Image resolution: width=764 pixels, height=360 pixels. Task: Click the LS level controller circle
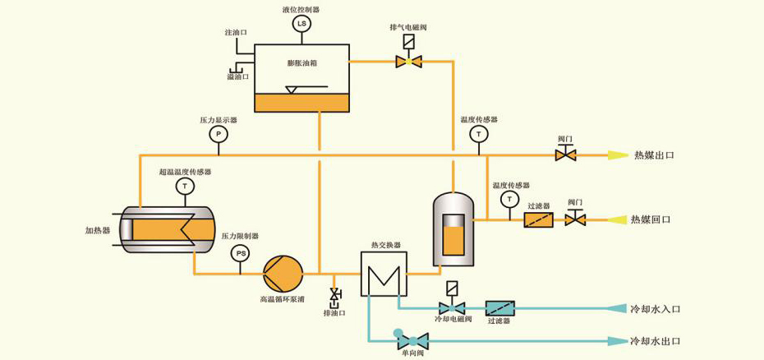pyautogui.click(x=301, y=25)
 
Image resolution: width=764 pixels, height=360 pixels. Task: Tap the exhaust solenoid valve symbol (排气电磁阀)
pyautogui.click(x=408, y=60)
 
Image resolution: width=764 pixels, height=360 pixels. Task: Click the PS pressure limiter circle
pyautogui.click(x=241, y=253)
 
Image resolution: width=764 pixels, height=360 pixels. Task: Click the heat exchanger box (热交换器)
pyautogui.click(x=382, y=272)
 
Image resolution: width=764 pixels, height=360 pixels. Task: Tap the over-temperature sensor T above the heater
pyautogui.click(x=185, y=187)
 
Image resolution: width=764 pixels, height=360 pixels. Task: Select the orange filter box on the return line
pyautogui.click(x=538, y=220)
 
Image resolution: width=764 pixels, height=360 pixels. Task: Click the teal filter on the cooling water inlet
pyautogui.click(x=499, y=308)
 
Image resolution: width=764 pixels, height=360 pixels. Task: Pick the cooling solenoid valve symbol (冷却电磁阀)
pyautogui.click(x=450, y=308)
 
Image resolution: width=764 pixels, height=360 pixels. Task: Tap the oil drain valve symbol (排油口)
pyautogui.click(x=335, y=295)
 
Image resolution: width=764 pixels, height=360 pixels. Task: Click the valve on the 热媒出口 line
pyautogui.click(x=566, y=154)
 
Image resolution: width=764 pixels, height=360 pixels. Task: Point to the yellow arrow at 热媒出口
pyautogui.click(x=615, y=154)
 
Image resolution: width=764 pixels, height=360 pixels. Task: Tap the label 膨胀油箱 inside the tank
pyautogui.click(x=301, y=63)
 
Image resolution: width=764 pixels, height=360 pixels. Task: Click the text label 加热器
pyautogui.click(x=98, y=229)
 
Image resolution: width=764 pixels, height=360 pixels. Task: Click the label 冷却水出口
pyautogui.click(x=656, y=340)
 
